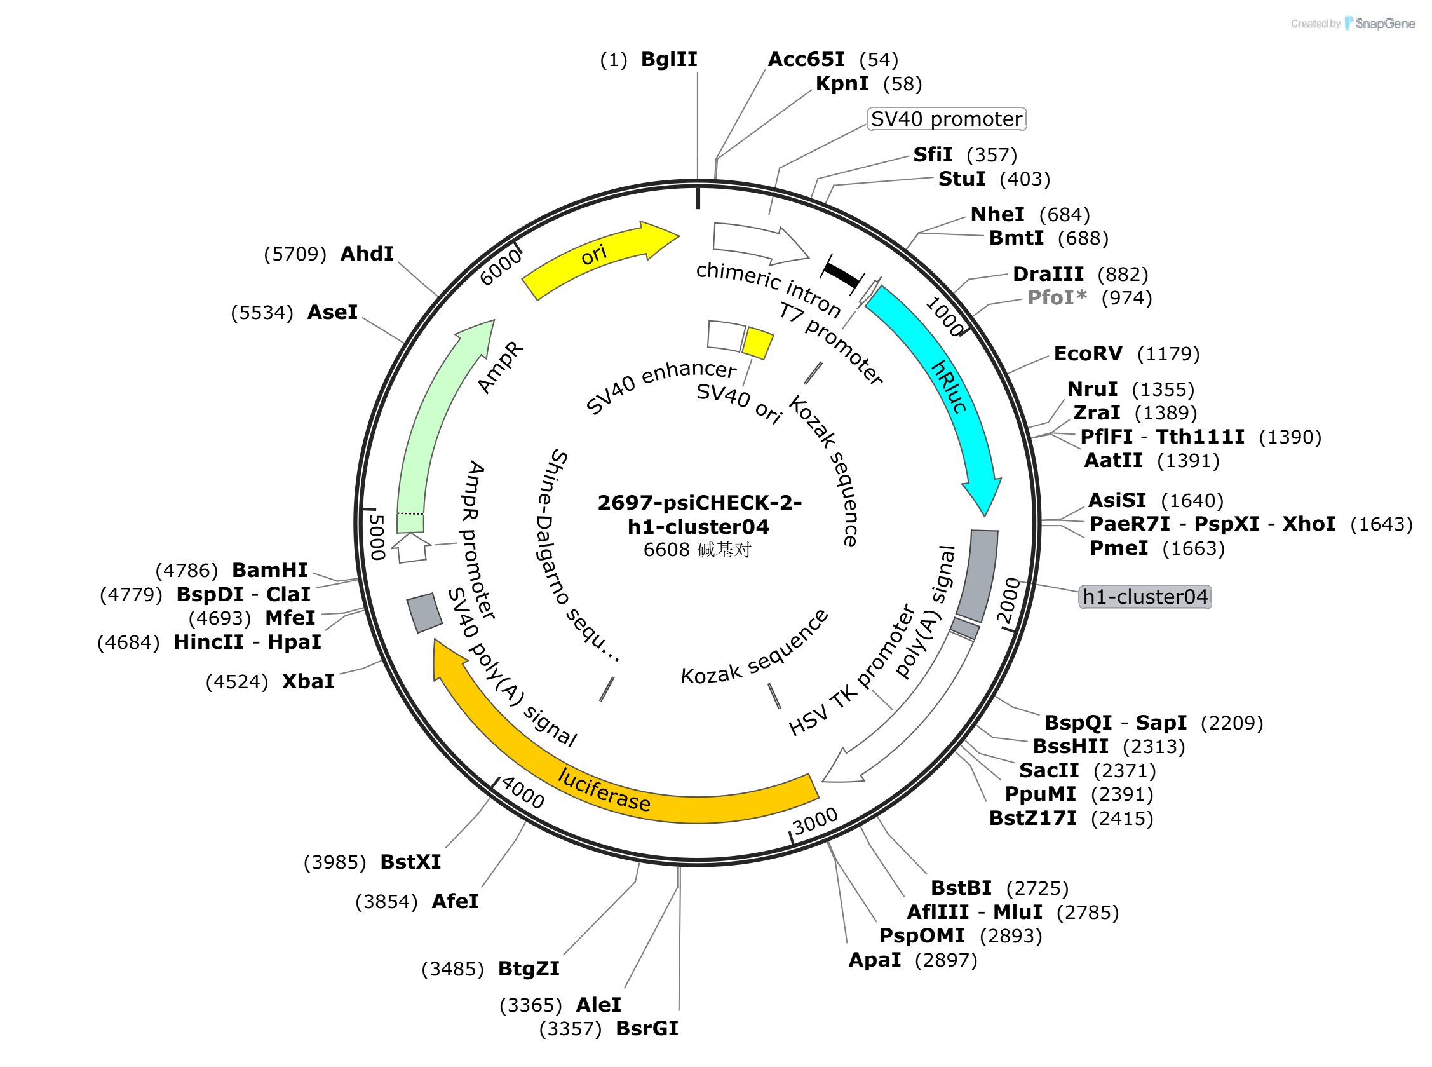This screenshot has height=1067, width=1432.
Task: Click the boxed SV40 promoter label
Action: tap(946, 119)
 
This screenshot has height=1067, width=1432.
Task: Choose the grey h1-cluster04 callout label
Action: tap(1145, 597)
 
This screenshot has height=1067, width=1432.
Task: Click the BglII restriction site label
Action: tap(669, 60)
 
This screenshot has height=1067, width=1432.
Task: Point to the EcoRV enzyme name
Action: tap(1088, 353)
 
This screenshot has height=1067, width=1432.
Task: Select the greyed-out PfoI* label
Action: tap(1057, 298)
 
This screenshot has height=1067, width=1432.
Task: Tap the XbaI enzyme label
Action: tap(308, 681)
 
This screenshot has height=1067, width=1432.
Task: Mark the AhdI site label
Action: tap(367, 254)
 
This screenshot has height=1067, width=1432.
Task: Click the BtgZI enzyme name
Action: tap(529, 969)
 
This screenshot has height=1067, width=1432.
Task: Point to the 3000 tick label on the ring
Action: tap(814, 822)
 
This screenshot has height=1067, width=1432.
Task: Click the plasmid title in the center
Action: tap(699, 515)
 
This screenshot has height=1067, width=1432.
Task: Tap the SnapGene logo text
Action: tap(1385, 24)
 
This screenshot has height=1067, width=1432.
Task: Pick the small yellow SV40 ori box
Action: tap(757, 343)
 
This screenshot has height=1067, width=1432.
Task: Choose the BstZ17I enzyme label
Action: tap(1032, 819)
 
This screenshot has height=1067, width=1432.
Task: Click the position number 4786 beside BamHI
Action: tap(187, 571)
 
